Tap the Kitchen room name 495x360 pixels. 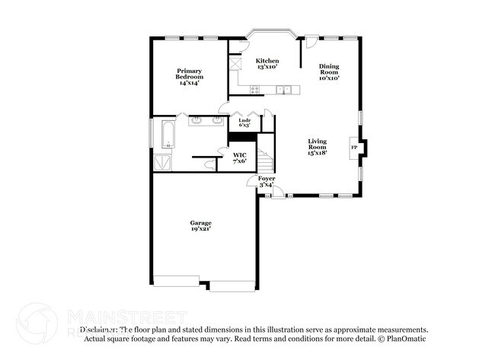(x=267, y=61)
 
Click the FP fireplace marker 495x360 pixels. (x=353, y=147)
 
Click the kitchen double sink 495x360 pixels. (x=283, y=90)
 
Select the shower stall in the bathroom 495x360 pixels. (x=163, y=162)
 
